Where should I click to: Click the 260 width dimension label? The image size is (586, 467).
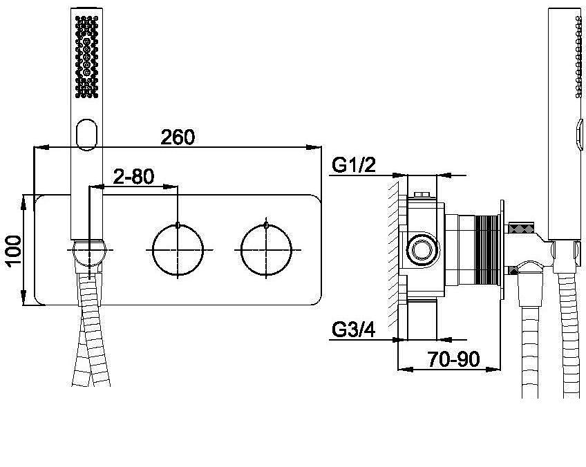(178, 137)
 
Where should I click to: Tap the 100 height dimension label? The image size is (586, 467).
(15, 250)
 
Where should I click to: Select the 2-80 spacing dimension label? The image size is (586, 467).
(133, 177)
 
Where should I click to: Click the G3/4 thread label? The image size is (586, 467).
(354, 330)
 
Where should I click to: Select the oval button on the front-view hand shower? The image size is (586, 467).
(86, 135)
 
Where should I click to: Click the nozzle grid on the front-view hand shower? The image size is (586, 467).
(86, 57)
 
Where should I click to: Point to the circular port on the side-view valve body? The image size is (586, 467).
(422, 249)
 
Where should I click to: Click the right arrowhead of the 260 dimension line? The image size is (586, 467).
(314, 147)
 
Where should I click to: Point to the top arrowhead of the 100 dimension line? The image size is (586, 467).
(23, 202)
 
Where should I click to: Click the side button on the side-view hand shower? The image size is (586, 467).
(580, 134)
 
